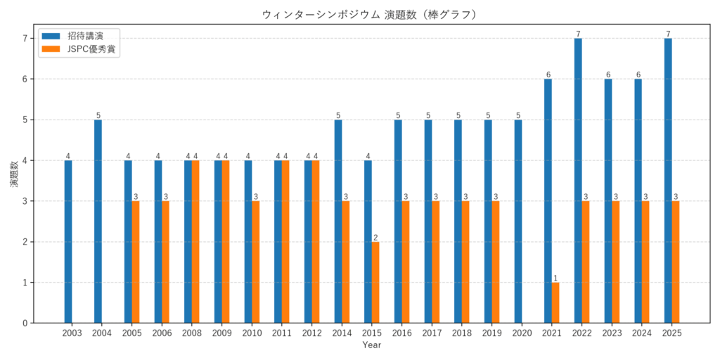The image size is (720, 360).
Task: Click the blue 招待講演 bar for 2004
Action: tap(98, 221)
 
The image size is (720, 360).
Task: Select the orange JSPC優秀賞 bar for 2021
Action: tap(555, 303)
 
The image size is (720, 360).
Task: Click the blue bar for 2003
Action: tap(68, 242)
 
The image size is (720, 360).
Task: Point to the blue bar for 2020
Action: tap(518, 221)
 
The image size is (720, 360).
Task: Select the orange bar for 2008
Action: tap(195, 242)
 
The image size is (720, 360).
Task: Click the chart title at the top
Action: tap(359, 15)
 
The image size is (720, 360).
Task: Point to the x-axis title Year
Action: tap(372, 345)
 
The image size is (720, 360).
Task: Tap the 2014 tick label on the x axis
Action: tap(342, 333)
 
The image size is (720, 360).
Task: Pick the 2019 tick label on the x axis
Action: tap(491, 333)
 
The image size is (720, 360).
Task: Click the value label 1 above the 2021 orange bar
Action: tap(555, 278)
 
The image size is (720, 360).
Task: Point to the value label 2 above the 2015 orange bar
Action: tap(375, 238)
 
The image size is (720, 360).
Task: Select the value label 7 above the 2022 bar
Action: tap(578, 34)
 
